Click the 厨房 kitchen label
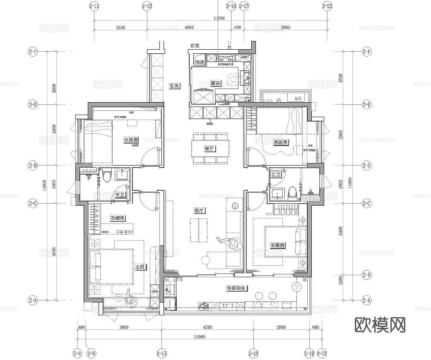(x=215, y=84)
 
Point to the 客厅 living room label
(x=200, y=211)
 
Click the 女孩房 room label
(x=131, y=140)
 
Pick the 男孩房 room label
(x=281, y=142)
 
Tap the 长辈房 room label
(x=277, y=245)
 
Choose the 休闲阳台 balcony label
(x=237, y=288)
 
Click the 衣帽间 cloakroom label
(x=118, y=218)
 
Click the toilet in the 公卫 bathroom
(x=293, y=192)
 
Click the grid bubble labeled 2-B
(x=366, y=274)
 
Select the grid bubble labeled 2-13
(x=161, y=353)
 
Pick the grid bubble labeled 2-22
(x=327, y=6)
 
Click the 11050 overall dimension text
(x=219, y=18)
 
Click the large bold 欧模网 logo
(x=380, y=325)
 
